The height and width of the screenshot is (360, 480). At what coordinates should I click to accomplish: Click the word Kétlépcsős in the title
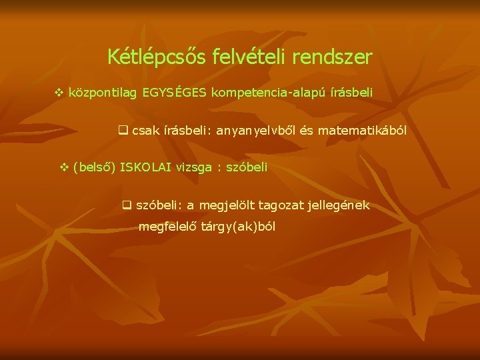pyautogui.click(x=147, y=57)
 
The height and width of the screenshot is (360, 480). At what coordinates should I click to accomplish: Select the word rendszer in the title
pyautogui.click(x=331, y=57)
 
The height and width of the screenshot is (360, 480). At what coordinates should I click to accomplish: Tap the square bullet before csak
pyautogui.click(x=123, y=131)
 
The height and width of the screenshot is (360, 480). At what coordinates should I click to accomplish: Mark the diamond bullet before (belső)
pyautogui.click(x=64, y=167)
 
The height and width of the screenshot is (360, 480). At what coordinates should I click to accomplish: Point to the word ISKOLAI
pyautogui.click(x=147, y=167)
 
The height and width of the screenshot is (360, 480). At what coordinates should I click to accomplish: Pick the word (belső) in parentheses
pyautogui.click(x=94, y=167)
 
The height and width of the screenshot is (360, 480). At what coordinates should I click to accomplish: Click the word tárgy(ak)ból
pyautogui.click(x=238, y=227)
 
